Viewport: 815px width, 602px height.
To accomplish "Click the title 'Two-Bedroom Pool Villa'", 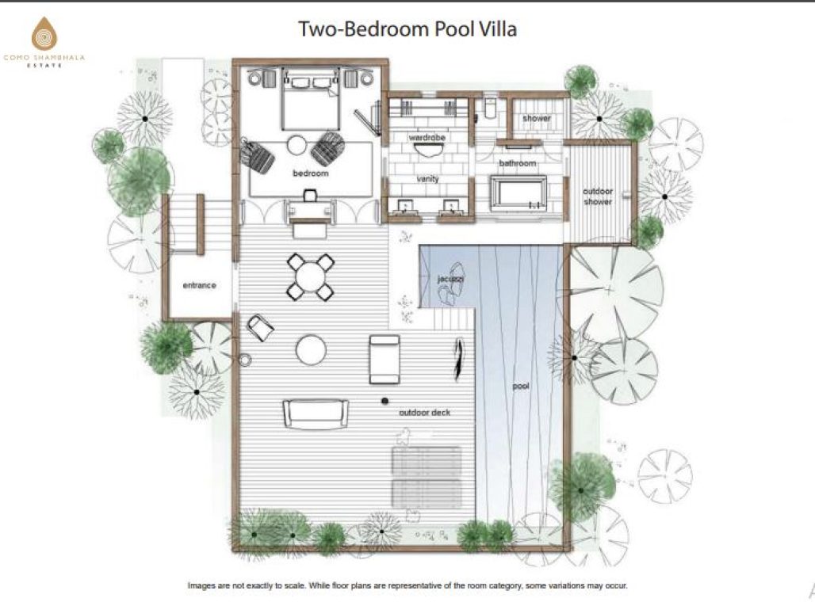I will (x=407, y=29).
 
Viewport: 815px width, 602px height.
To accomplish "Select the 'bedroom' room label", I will (x=310, y=173).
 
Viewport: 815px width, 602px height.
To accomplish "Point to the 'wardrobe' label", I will (x=427, y=137).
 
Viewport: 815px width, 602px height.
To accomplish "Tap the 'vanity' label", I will (x=427, y=180).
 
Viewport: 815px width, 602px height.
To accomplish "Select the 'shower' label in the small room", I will (x=537, y=119).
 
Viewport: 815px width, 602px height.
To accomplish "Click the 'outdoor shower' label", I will (x=598, y=196).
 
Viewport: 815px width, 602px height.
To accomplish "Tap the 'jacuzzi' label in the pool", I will (x=451, y=280).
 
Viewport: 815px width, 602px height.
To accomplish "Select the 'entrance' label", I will (x=199, y=285).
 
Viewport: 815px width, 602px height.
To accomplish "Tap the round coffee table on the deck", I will (x=310, y=349).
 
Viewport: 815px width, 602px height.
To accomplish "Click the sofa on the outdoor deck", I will (x=316, y=413).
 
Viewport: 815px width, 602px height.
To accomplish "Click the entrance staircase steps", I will (x=182, y=223).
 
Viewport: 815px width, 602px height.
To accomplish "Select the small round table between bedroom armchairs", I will (x=297, y=145).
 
